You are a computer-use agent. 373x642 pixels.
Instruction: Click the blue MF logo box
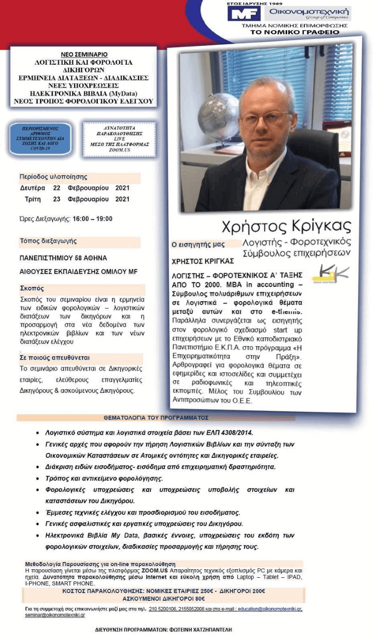[x=244, y=14]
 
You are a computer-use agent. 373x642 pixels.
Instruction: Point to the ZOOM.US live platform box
[x=116, y=138]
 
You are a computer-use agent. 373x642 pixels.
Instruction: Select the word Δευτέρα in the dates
[x=32, y=188]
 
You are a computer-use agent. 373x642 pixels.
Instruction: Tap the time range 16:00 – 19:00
[x=92, y=219]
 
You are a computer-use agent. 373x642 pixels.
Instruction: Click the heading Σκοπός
[x=32, y=288]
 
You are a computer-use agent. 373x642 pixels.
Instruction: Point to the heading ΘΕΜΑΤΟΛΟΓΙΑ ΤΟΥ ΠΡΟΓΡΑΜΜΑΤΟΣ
[x=156, y=417]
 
